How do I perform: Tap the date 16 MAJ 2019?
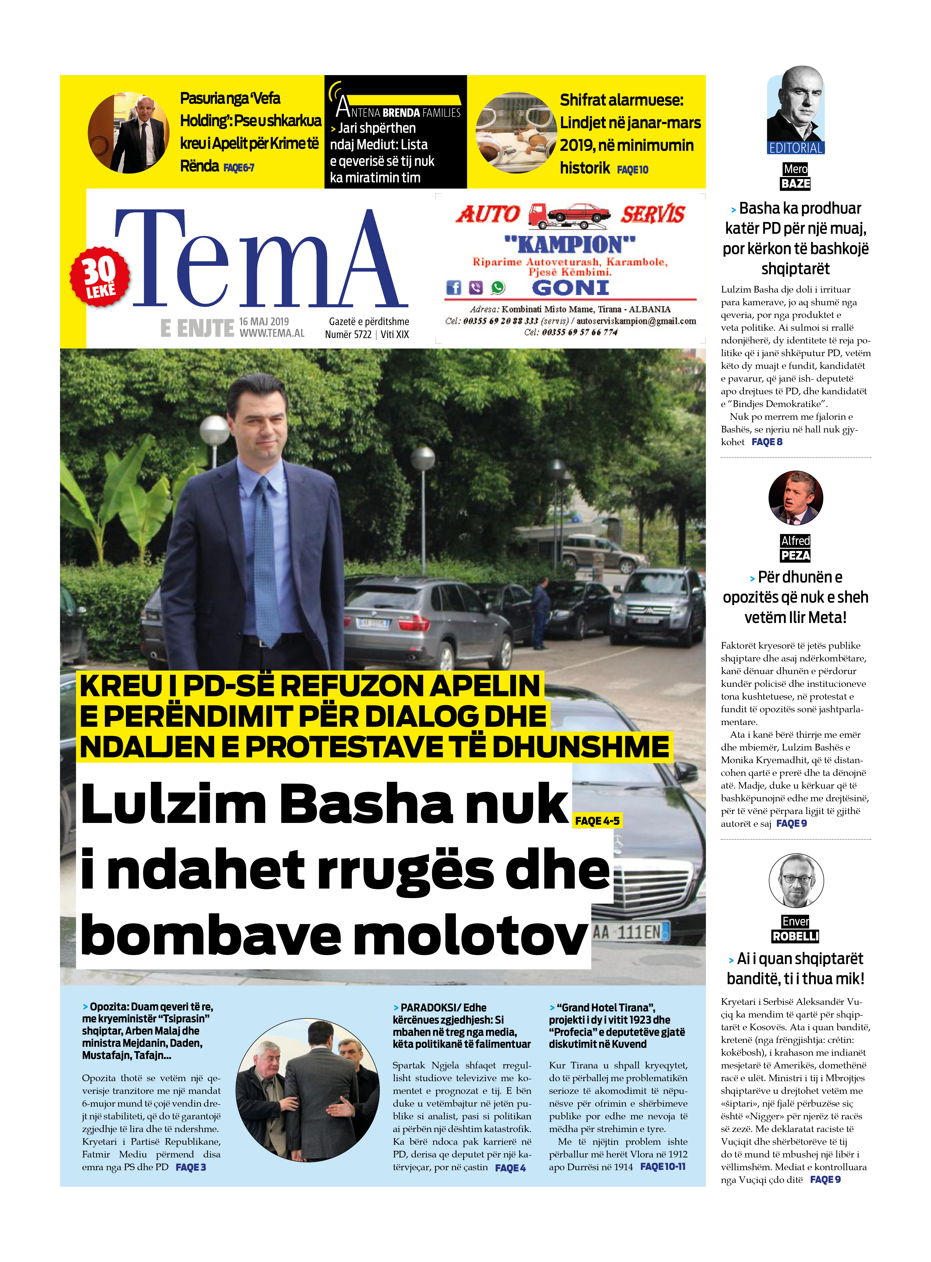[x=264, y=321]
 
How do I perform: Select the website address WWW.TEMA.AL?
[x=272, y=333]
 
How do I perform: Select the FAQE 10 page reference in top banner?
[x=632, y=170]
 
